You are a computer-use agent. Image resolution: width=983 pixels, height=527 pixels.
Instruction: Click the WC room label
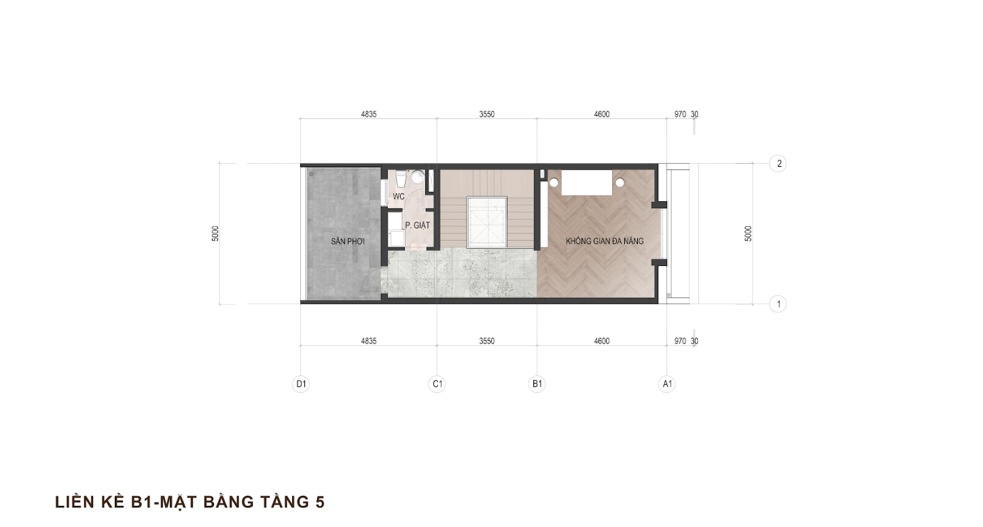click(399, 197)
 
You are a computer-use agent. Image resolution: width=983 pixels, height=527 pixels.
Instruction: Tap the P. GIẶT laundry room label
click(417, 225)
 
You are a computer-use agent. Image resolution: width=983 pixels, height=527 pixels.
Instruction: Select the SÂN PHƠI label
click(348, 241)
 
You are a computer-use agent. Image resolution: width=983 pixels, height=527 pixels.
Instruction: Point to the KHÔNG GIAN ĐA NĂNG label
click(605, 241)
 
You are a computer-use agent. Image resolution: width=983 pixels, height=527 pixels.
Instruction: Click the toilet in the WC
click(400, 178)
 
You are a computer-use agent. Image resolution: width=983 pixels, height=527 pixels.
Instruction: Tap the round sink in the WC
click(417, 177)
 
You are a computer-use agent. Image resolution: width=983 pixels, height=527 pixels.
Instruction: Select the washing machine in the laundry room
click(397, 238)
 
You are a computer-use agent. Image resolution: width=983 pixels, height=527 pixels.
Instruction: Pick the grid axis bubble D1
click(300, 384)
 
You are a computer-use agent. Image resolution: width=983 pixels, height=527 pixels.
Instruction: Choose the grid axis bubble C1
click(437, 384)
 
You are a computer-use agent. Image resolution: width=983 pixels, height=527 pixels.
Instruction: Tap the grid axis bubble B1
click(537, 384)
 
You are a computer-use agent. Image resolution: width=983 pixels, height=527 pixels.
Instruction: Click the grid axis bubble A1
click(667, 384)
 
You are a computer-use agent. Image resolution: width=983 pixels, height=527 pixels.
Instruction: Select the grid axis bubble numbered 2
click(778, 163)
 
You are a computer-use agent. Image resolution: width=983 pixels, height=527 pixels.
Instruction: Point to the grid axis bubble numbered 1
click(778, 304)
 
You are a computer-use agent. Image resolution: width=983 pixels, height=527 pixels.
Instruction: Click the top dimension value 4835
click(369, 114)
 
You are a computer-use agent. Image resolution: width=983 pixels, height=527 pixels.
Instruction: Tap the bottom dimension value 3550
click(486, 341)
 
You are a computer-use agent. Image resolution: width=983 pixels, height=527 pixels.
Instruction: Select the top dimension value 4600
click(602, 114)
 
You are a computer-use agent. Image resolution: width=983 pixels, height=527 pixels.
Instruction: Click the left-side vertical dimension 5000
click(215, 234)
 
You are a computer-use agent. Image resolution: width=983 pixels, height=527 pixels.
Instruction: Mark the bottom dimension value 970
click(680, 341)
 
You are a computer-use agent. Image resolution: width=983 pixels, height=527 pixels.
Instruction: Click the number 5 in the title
click(319, 502)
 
